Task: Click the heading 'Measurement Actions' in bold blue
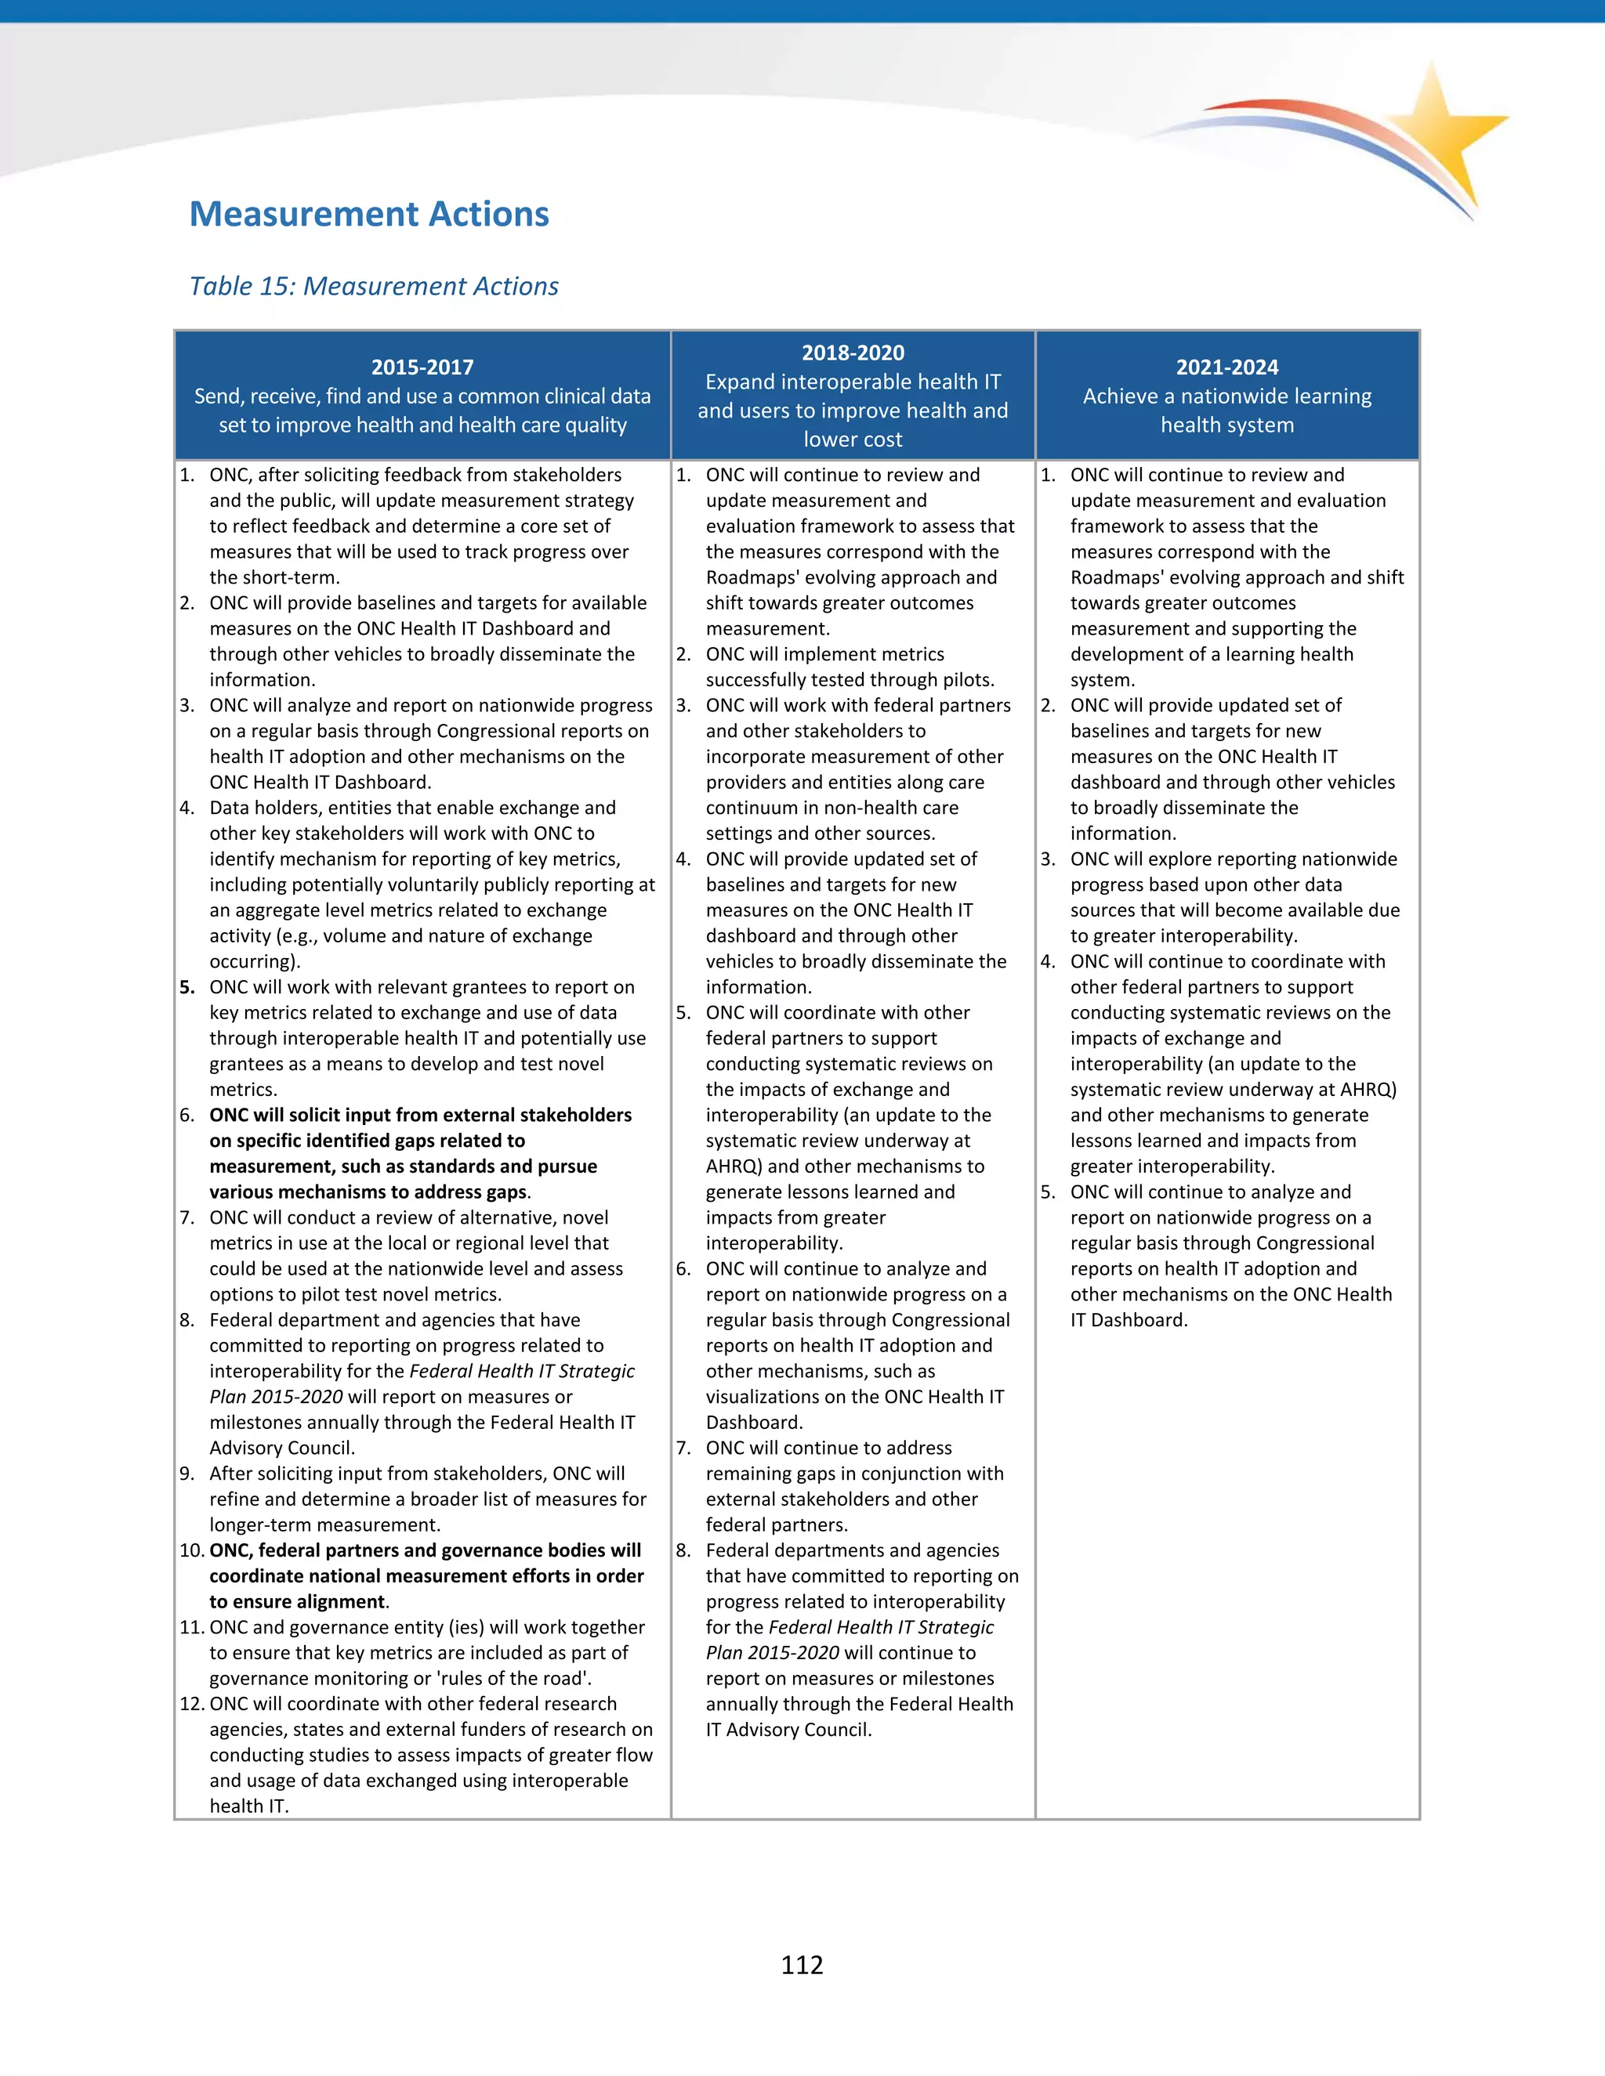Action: pos(369,214)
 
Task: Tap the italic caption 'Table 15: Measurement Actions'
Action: pos(374,286)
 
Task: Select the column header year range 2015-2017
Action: pos(422,367)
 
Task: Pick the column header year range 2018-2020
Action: pos(852,353)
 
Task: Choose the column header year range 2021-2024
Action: pos(1226,367)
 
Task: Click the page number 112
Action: pos(802,1965)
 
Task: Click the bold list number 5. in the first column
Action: pos(188,986)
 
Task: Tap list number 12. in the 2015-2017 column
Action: pos(192,1703)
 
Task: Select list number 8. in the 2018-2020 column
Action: pos(683,1550)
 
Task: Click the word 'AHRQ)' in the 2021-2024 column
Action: pos(1368,1090)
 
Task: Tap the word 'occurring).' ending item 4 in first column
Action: pos(255,961)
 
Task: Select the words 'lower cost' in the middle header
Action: pos(852,439)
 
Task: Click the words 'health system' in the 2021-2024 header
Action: pos(1226,425)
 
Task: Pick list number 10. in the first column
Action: pos(192,1550)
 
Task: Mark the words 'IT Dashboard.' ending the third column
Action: pos(1129,1319)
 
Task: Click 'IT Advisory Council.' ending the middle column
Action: pos(788,1729)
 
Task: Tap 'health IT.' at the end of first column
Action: pos(249,1806)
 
